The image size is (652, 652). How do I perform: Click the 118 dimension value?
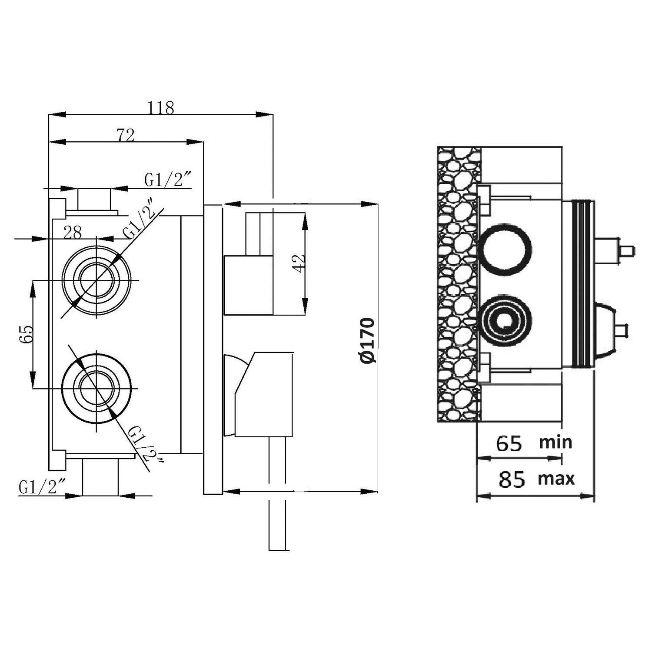tap(161, 107)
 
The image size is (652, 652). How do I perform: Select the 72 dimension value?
tap(126, 135)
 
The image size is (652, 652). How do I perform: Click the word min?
tap(556, 442)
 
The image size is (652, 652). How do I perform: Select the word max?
tap(556, 479)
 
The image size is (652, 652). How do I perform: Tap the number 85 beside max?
tap(512, 479)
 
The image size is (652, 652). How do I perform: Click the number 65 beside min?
tap(509, 444)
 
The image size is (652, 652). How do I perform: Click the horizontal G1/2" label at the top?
tap(168, 180)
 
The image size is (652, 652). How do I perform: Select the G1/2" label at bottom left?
tap(42, 488)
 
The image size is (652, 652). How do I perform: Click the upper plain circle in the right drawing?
tap(506, 249)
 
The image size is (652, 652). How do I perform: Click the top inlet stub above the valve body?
tap(94, 200)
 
